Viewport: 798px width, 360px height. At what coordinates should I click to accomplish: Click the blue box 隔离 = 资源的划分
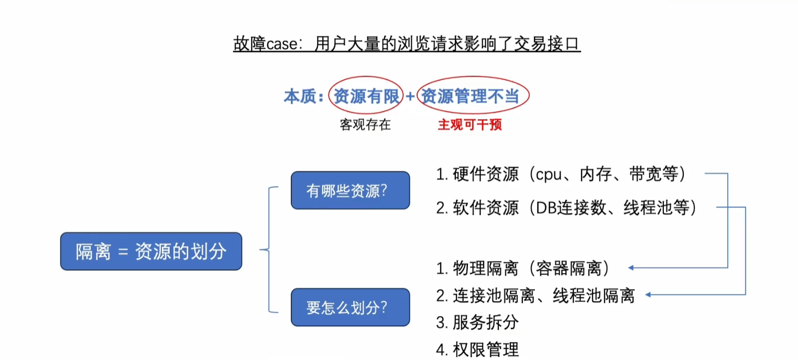coord(151,252)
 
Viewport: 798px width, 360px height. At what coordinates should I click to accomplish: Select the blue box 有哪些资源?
coord(350,190)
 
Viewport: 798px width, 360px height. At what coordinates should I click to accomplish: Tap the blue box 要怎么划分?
coord(350,307)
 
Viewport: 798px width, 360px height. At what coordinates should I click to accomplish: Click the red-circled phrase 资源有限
coord(366,96)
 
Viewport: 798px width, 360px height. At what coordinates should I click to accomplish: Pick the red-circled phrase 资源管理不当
coord(473,96)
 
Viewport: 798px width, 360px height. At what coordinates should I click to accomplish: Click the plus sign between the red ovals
coord(410,97)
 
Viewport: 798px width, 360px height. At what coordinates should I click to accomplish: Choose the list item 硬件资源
coord(486,174)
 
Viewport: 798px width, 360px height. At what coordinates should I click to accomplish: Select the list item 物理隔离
coord(486,269)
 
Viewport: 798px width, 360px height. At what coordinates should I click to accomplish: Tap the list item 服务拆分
coord(486,322)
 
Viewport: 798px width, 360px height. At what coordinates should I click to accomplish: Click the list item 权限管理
coord(486,349)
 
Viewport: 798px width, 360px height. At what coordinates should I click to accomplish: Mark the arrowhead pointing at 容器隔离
coord(631,268)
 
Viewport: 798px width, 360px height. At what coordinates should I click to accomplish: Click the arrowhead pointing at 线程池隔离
coord(648,295)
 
